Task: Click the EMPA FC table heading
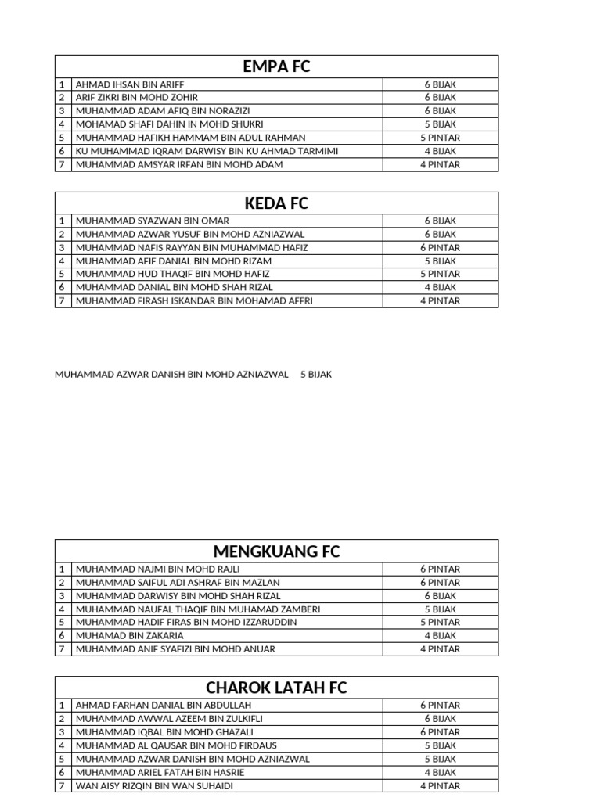click(276, 66)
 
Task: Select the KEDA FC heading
click(276, 203)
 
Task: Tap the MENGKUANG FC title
click(276, 551)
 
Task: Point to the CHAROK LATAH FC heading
click(276, 688)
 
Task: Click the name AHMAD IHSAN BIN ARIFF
click(130, 84)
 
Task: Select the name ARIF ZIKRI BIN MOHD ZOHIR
click(137, 97)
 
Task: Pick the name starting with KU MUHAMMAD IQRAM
click(207, 151)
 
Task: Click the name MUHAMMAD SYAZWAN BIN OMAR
click(153, 221)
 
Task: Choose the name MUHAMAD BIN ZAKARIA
click(130, 635)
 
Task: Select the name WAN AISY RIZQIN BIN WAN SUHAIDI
click(154, 785)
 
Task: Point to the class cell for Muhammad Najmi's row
click(440, 569)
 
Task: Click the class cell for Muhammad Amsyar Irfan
click(440, 164)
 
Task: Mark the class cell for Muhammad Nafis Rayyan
click(440, 247)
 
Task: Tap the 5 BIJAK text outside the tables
click(316, 375)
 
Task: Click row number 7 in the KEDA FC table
click(62, 300)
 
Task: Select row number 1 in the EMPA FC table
click(62, 84)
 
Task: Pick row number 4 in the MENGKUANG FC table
click(62, 609)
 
